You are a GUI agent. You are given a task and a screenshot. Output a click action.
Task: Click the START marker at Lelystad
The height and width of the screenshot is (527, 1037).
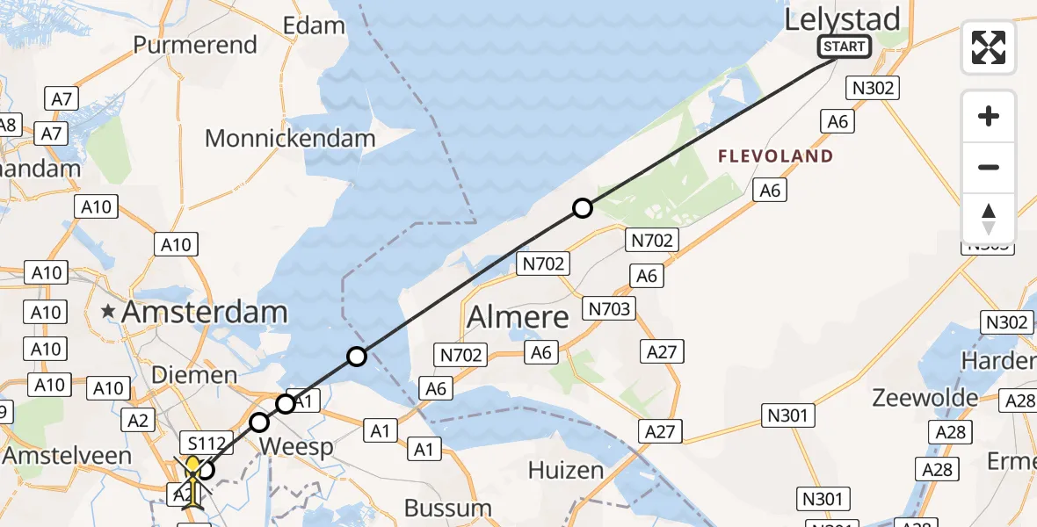point(844,47)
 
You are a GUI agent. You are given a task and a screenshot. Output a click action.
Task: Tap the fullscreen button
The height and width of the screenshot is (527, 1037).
point(989,47)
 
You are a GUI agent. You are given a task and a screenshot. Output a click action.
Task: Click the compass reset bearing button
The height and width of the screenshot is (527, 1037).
point(989,219)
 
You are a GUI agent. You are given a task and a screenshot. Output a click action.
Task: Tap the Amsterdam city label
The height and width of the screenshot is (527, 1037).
point(204,312)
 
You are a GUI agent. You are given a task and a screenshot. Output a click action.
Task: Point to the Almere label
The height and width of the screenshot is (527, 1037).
point(518,317)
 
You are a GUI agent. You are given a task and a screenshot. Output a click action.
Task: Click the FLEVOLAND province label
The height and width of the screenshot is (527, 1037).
point(775,157)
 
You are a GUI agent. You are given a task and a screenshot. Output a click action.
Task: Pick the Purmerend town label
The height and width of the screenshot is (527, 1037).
point(194,45)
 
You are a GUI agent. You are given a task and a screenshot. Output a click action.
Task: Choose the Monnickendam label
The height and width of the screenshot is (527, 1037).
point(290,138)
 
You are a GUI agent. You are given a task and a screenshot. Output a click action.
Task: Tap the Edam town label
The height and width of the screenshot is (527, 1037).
point(314,25)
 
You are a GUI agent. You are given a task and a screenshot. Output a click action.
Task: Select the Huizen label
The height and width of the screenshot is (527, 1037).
point(566,471)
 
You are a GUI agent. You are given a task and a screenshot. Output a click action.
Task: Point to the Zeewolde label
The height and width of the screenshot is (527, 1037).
point(925,398)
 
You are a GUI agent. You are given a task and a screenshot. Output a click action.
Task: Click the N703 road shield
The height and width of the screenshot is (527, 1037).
point(609,309)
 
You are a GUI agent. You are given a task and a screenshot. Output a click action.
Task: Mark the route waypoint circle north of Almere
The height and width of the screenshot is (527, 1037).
point(582,208)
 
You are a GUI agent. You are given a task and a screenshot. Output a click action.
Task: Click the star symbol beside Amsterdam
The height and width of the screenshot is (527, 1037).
point(109,312)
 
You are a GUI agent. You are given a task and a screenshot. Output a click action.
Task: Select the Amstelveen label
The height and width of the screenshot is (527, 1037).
point(67,456)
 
